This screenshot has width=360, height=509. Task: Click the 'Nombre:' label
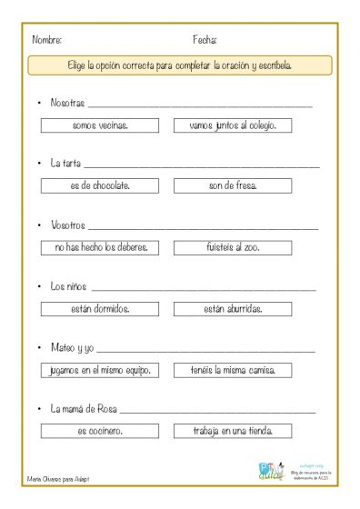[x=47, y=41]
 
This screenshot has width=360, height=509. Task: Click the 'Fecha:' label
[x=205, y=41]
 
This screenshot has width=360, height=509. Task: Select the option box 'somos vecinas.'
[x=100, y=125]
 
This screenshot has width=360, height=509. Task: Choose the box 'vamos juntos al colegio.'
[x=232, y=125]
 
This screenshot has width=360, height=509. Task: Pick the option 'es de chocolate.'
[x=100, y=185]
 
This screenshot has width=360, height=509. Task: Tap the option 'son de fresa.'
[x=232, y=185]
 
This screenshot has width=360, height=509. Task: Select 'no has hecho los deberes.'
[x=100, y=246]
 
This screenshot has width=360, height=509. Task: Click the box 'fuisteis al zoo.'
[x=232, y=246]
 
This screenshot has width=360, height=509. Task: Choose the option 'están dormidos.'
[x=100, y=308]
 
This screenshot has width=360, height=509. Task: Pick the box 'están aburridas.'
[x=232, y=308]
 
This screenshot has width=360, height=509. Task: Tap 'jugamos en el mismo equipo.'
[x=100, y=370]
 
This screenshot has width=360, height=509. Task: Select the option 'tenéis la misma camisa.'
[x=232, y=370]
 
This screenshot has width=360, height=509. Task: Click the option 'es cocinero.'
[x=100, y=431]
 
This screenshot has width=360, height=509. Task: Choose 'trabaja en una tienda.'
[x=232, y=431]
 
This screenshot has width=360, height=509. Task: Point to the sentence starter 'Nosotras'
[x=67, y=103]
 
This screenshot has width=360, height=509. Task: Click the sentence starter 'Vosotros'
[x=67, y=225]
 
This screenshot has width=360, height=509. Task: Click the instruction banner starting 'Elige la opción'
[x=180, y=65]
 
